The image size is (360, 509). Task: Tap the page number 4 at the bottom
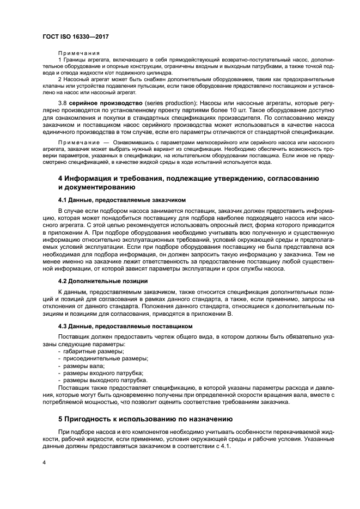pyautogui.click(x=44, y=462)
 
